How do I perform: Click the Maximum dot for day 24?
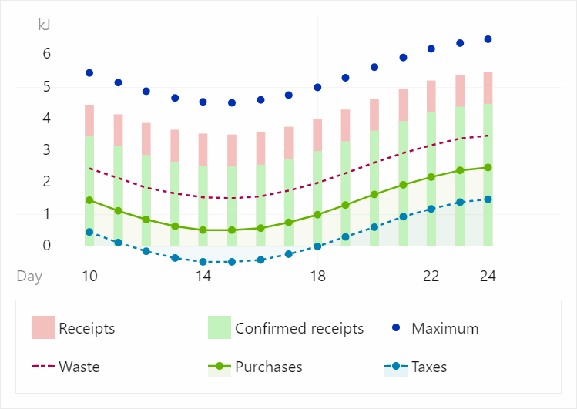(488, 39)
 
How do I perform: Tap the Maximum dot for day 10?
(89, 73)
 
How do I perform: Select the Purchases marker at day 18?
(317, 215)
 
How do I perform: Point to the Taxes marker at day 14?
(203, 262)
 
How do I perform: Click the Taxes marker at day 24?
(488, 199)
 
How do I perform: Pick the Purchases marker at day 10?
(89, 200)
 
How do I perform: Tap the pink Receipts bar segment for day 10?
(89, 121)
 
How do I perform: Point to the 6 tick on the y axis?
(47, 54)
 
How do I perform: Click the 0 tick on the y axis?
(47, 246)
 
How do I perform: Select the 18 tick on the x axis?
(317, 276)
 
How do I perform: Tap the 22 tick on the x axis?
(431, 276)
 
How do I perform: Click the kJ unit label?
(45, 25)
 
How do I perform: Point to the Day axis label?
(30, 276)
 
